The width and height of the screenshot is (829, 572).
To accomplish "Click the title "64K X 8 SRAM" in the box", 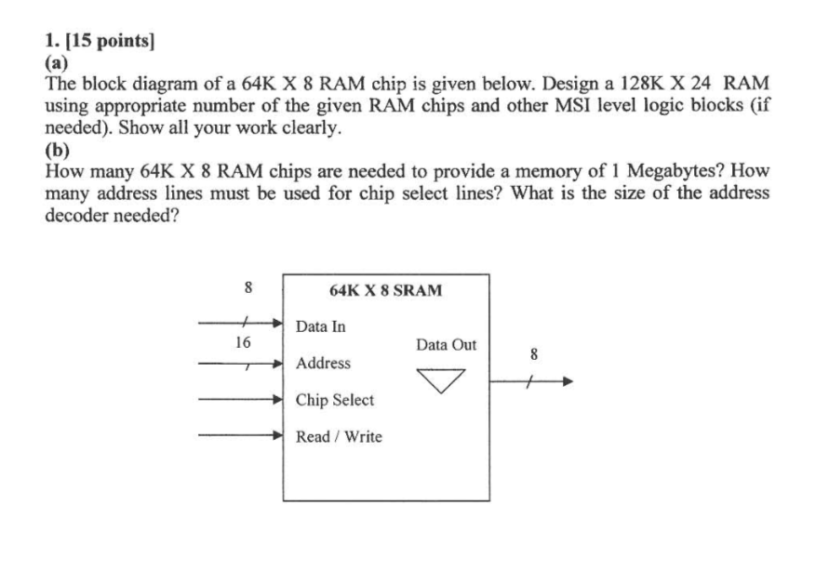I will (x=386, y=290).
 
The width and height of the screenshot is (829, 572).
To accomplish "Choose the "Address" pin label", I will (x=323, y=363).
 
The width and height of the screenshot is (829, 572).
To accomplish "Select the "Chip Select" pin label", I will (x=335, y=400).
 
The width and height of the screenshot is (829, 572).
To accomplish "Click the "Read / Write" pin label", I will (x=339, y=436).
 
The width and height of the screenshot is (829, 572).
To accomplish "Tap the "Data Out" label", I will (x=446, y=345).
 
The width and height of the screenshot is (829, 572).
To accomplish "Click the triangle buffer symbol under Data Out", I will (x=440, y=380).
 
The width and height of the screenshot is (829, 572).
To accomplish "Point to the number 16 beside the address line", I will (x=243, y=342).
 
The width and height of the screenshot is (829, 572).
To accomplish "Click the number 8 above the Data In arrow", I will (x=247, y=288).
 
